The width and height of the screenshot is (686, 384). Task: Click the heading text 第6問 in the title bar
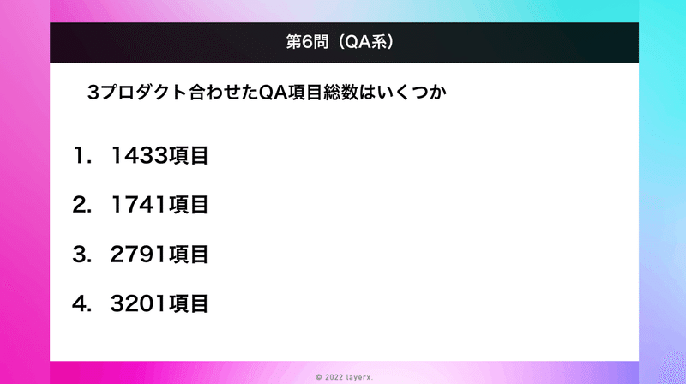click(x=307, y=42)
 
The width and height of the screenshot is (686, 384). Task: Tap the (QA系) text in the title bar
click(x=367, y=42)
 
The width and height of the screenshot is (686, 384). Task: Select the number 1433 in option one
click(x=140, y=155)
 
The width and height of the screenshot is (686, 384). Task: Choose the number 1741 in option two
click(x=140, y=205)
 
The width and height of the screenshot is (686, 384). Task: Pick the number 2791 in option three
click(x=140, y=254)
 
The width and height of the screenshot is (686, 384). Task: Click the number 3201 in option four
click(x=140, y=303)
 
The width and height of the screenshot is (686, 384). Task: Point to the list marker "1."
click(x=82, y=155)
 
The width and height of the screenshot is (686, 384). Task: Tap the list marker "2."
click(x=82, y=205)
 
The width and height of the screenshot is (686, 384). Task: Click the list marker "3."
click(x=82, y=254)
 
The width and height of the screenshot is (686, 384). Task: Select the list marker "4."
click(x=82, y=303)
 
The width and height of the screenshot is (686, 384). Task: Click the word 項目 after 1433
click(x=189, y=155)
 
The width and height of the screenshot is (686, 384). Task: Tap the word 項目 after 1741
click(x=189, y=205)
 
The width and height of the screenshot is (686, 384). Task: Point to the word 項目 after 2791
click(x=189, y=254)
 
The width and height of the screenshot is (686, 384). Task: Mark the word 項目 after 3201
click(x=189, y=303)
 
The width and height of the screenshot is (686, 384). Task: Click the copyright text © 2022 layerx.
click(x=345, y=377)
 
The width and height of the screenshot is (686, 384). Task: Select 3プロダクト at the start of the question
click(x=137, y=93)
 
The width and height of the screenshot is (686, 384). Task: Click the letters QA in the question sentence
click(x=273, y=93)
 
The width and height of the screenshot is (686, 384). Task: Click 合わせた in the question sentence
click(x=223, y=93)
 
